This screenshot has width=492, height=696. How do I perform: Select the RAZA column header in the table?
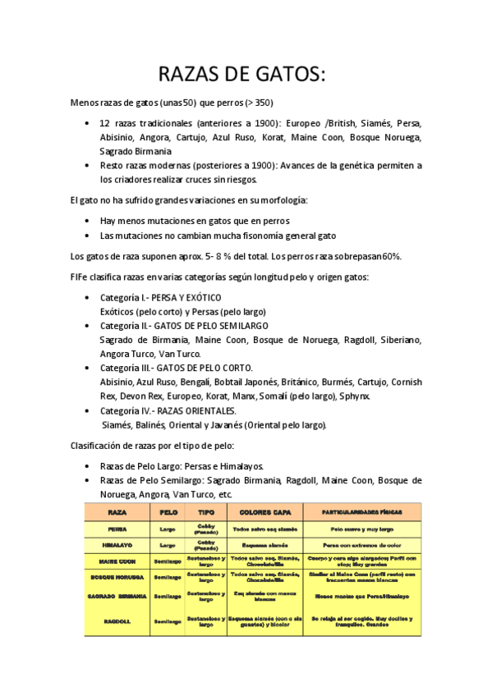pos(117,511)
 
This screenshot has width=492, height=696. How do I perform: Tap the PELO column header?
pos(168,511)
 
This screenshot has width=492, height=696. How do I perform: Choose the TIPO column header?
pos(205,511)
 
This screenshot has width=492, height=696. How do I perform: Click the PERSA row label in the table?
pos(117,529)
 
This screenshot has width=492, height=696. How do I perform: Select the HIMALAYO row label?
pos(117,544)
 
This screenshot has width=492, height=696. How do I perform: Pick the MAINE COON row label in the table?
pos(117,561)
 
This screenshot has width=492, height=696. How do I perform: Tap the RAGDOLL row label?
pos(117,621)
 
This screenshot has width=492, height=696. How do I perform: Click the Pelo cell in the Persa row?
pos(168,529)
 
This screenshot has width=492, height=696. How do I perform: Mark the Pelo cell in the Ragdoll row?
pos(168,621)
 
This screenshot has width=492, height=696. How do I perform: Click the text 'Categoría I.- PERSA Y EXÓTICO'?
pos(160,297)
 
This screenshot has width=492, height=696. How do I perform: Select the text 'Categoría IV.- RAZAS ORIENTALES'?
pos(168,410)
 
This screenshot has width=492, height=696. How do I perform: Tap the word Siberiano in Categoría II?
pos(400,339)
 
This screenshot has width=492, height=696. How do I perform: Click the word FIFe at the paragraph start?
pos(80,277)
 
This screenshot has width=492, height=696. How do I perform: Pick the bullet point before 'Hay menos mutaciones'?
pos(88,221)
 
